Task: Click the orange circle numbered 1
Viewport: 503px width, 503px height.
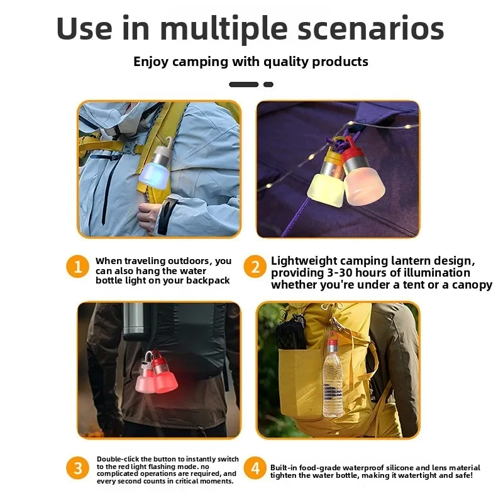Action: (x=77, y=266)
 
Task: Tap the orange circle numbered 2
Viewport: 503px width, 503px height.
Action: (x=255, y=266)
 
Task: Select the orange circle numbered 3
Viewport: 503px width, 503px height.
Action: (x=77, y=468)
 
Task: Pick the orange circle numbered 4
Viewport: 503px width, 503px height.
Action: (x=255, y=468)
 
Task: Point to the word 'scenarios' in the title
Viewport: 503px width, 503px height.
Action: (x=371, y=28)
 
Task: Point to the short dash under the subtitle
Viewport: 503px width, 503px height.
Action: (x=268, y=84)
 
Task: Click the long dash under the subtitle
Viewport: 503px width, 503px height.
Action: (x=244, y=84)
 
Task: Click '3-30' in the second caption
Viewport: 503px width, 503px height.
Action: (x=340, y=273)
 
